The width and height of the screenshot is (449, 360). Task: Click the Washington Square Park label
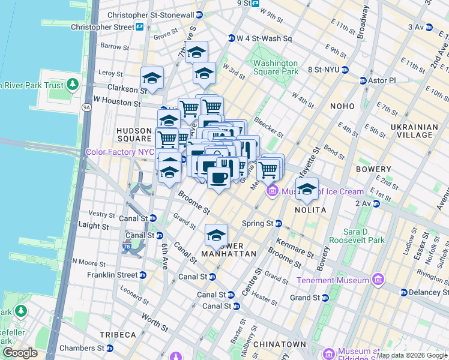click(276, 67)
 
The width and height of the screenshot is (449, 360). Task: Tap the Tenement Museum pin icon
click(379, 280)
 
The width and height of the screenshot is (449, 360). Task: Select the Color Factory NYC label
click(120, 152)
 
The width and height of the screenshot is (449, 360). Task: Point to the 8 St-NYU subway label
click(324, 70)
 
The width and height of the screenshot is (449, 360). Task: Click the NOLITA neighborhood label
click(310, 210)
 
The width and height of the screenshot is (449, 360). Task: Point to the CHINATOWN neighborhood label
click(280, 344)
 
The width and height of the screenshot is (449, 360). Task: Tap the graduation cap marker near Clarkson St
click(152, 78)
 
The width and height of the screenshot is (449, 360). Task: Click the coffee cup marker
click(218, 176)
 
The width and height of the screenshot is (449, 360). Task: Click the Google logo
click(19, 353)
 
